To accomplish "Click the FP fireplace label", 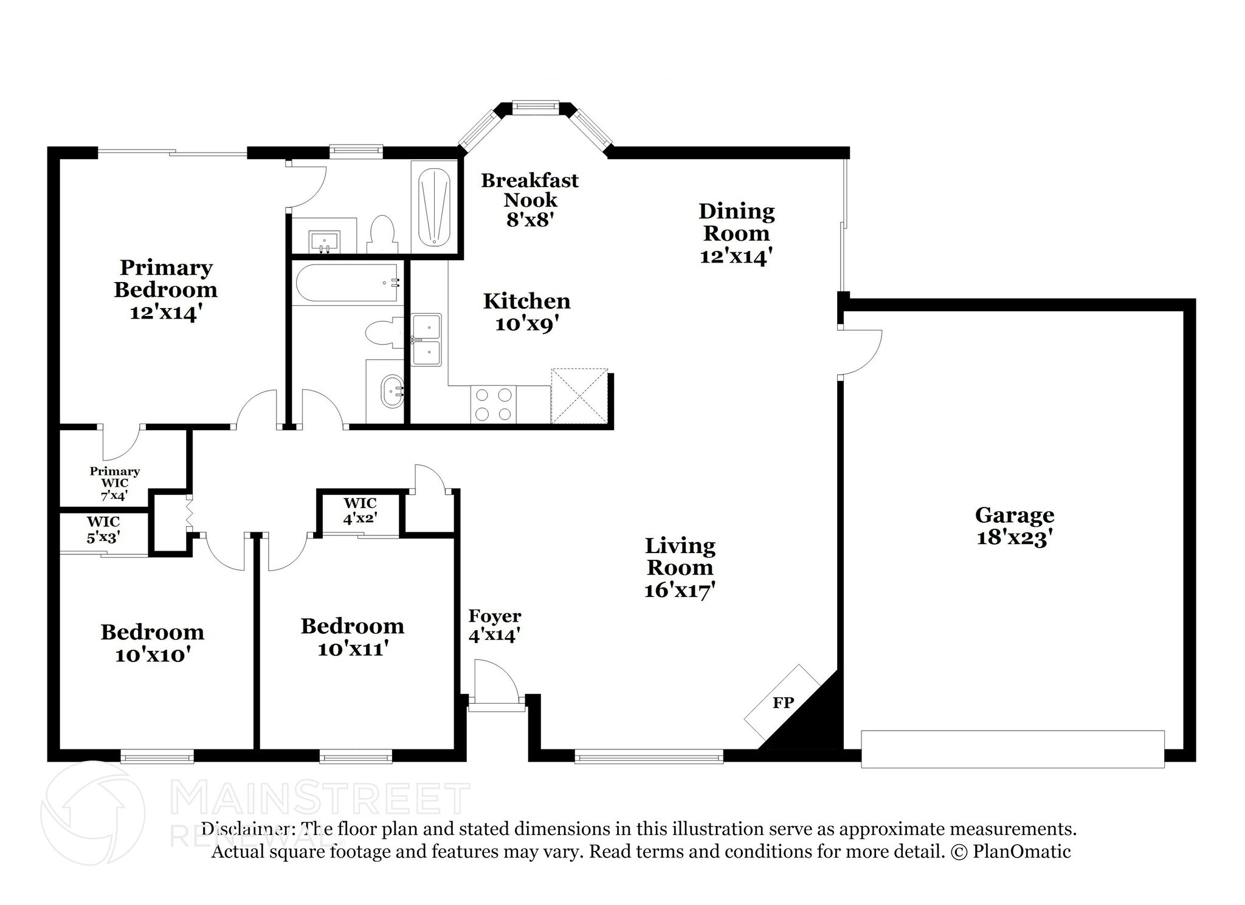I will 783,703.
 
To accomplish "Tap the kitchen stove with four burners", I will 493,404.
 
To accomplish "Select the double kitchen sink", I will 426,340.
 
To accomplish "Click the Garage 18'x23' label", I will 1014,526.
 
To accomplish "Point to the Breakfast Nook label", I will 529,199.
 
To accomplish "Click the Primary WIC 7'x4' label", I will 115,483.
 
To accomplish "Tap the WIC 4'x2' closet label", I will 360,511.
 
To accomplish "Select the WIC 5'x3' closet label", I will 103,529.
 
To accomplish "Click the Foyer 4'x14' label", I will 494,625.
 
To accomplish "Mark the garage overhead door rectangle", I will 1012,749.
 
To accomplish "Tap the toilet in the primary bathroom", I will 382,234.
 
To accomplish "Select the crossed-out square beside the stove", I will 579,396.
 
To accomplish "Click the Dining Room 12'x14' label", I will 736,233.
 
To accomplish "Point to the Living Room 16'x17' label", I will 680,568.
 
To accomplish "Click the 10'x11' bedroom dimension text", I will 353,649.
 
